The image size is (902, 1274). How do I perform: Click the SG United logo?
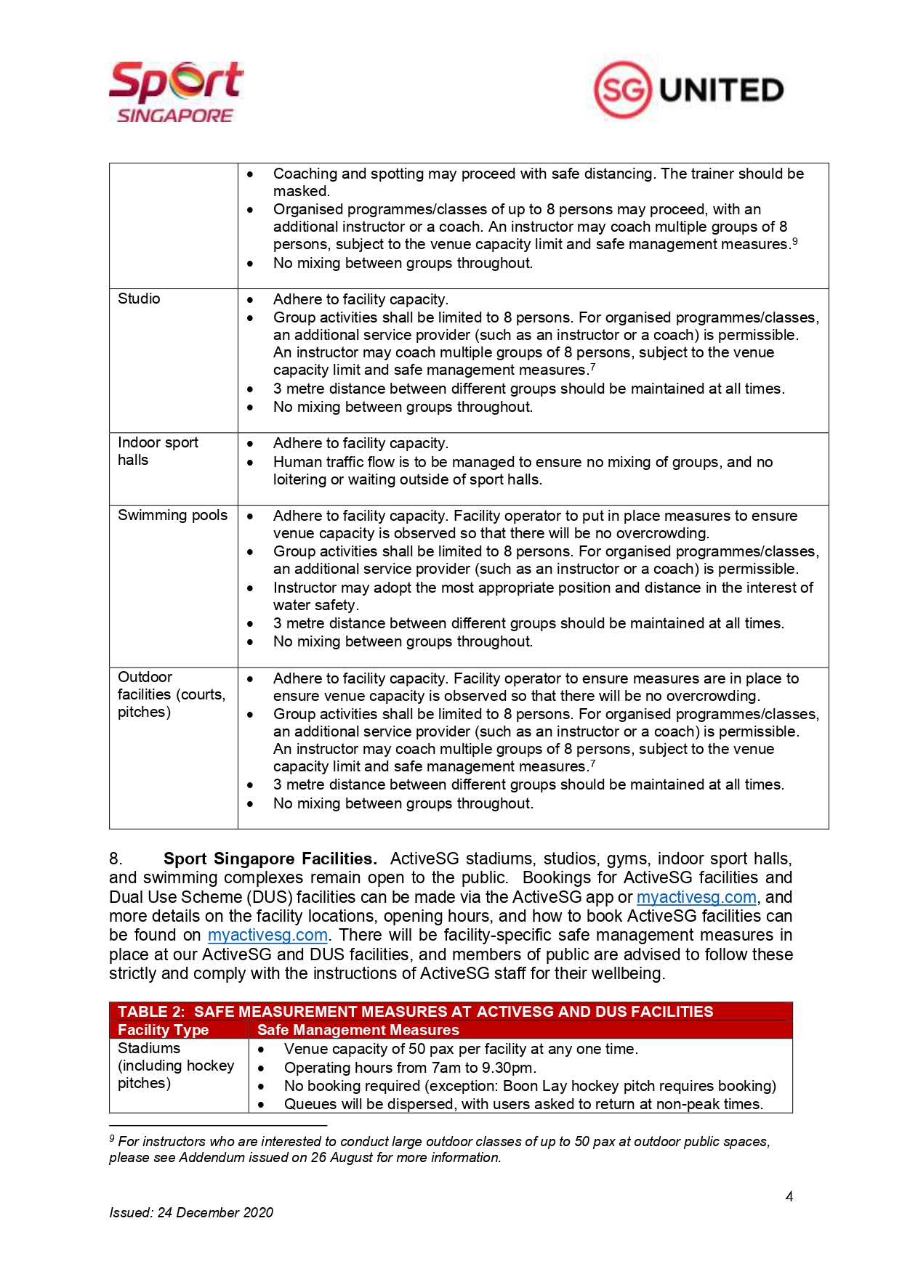click(x=688, y=90)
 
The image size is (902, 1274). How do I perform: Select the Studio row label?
click(x=139, y=299)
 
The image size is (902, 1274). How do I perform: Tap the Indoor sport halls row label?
click(x=158, y=451)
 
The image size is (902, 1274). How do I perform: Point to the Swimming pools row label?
click(x=172, y=515)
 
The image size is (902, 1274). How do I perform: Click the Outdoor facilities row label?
click(x=172, y=694)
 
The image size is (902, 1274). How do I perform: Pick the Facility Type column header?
click(x=163, y=1030)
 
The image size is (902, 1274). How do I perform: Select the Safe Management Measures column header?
click(x=358, y=1030)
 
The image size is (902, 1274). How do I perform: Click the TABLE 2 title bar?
click(x=415, y=1012)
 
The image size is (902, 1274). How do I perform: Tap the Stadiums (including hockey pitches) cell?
click(x=176, y=1066)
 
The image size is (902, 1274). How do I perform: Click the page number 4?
click(x=789, y=1196)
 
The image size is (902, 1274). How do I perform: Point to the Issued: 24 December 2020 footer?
click(x=191, y=1212)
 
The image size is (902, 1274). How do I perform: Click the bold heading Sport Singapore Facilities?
click(x=270, y=859)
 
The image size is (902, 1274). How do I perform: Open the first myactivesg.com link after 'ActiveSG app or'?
click(x=696, y=897)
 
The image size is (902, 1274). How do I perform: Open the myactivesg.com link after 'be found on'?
click(x=267, y=935)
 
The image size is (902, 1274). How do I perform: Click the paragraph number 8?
click(x=116, y=859)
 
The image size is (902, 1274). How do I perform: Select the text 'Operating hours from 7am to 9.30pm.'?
click(x=410, y=1068)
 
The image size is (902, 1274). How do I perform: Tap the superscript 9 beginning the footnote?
click(x=112, y=1138)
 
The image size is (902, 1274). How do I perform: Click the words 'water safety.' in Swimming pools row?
click(x=315, y=605)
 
